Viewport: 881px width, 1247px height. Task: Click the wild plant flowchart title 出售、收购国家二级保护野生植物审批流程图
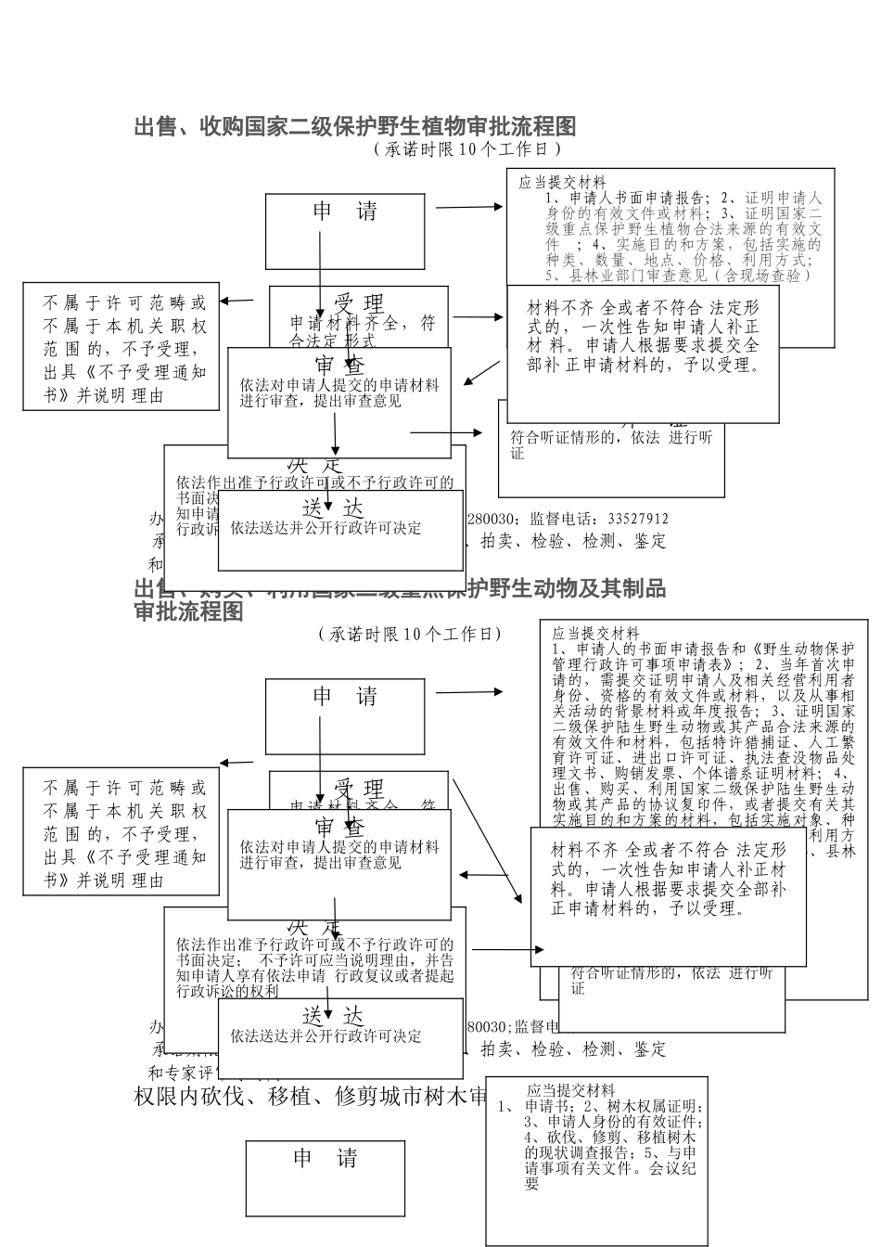pyautogui.click(x=355, y=126)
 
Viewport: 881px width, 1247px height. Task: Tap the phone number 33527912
pyautogui.click(x=638, y=519)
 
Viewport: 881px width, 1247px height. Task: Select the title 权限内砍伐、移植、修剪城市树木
pyautogui.click(x=311, y=1097)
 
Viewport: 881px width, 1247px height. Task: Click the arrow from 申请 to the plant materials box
pyautogui.click(x=468, y=207)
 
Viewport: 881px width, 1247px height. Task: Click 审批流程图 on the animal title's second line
pyautogui.click(x=189, y=612)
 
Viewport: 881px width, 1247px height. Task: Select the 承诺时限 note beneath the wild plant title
pyautogui.click(x=467, y=148)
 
